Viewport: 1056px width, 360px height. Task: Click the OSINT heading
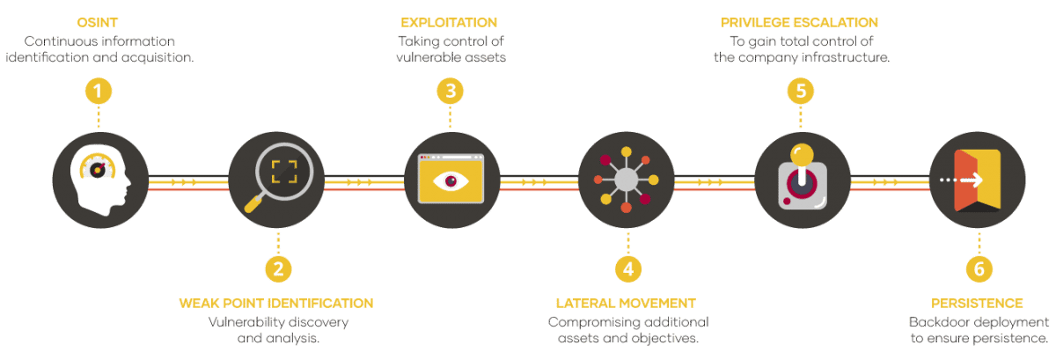tap(99, 21)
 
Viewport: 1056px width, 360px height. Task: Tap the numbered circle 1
tap(99, 91)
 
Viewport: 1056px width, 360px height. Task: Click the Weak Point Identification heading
tap(276, 303)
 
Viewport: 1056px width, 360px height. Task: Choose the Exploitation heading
tap(449, 21)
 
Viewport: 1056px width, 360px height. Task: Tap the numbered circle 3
tap(450, 91)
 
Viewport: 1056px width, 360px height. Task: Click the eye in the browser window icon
tap(451, 180)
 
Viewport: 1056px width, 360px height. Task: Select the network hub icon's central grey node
tap(626, 179)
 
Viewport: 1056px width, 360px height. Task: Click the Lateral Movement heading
tap(627, 303)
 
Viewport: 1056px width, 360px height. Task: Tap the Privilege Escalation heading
tap(799, 21)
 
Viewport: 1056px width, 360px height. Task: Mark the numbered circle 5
tap(800, 91)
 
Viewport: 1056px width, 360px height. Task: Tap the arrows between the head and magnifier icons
tap(184, 183)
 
